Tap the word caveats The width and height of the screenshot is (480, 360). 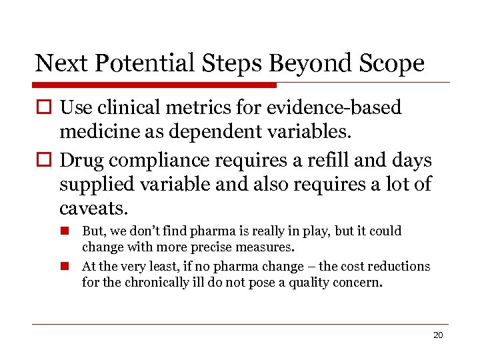point(92,209)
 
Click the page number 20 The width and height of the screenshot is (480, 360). point(437,335)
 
